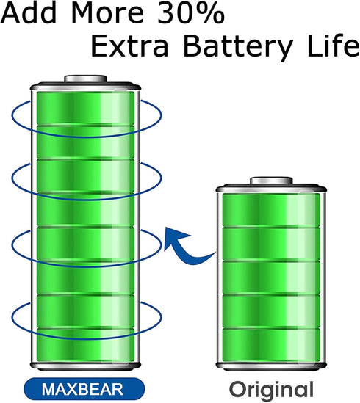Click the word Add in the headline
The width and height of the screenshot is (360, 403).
tap(29, 13)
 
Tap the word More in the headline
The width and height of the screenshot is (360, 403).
tap(107, 13)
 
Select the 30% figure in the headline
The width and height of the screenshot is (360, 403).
tap(191, 13)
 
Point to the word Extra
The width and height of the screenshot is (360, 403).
tap(130, 46)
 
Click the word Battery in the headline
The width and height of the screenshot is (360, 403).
tap(238, 48)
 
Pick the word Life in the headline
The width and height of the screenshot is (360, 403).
tap(334, 46)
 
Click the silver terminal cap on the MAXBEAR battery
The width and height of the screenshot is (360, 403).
tap(86, 79)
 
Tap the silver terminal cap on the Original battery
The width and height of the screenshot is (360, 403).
tap(272, 181)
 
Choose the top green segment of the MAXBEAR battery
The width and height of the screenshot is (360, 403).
tap(86, 109)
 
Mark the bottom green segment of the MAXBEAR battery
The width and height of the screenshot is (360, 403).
tap(86, 345)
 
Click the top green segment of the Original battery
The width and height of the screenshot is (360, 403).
tap(271, 210)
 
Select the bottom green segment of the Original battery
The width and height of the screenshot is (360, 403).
tap(271, 345)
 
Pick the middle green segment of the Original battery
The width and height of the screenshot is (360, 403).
tap(271, 277)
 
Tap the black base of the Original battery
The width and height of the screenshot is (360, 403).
tap(271, 366)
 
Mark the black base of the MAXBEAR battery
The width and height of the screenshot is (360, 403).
tap(86, 366)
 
